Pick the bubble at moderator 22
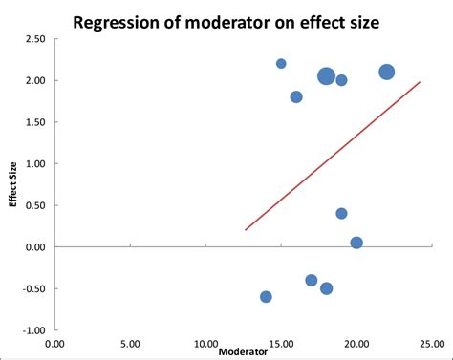click(386, 72)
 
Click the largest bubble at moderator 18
click(326, 76)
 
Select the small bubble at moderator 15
click(281, 64)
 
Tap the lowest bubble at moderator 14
click(266, 297)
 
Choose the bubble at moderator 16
click(296, 96)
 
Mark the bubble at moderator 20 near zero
click(356, 243)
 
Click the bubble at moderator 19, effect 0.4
click(341, 214)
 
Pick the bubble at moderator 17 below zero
click(312, 280)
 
